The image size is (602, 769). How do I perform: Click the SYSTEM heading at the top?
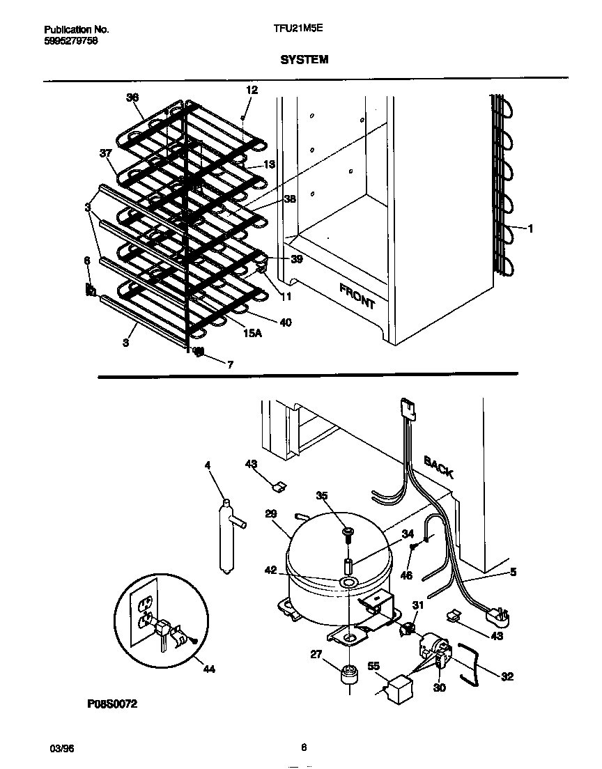(304, 60)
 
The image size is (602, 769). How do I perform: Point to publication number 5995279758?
(70, 40)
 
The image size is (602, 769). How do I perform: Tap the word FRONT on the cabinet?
(357, 296)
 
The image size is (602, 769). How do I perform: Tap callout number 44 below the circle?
(208, 669)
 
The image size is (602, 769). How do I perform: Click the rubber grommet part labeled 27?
(348, 674)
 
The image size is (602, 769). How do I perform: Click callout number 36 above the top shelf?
(132, 98)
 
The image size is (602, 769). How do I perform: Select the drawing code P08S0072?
(112, 704)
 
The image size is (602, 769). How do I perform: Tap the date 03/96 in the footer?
(61, 748)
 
